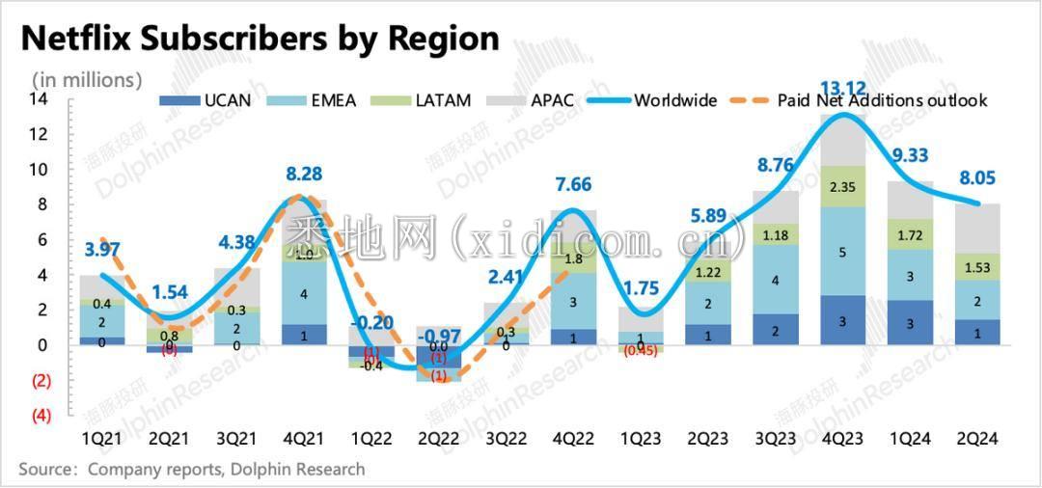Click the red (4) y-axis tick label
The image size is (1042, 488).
pyautogui.click(x=41, y=416)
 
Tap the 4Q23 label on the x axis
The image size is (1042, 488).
pyautogui.click(x=842, y=438)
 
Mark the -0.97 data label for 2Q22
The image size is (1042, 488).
pyautogui.click(x=438, y=335)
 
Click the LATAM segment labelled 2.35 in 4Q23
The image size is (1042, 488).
pyautogui.click(x=843, y=187)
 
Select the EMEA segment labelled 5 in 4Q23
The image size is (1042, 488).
pyautogui.click(x=843, y=252)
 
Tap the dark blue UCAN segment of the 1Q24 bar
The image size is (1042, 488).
pyautogui.click(x=911, y=322)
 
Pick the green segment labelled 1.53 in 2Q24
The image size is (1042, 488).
pyautogui.click(x=977, y=266)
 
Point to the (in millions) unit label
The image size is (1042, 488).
pyautogui.click(x=87, y=79)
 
